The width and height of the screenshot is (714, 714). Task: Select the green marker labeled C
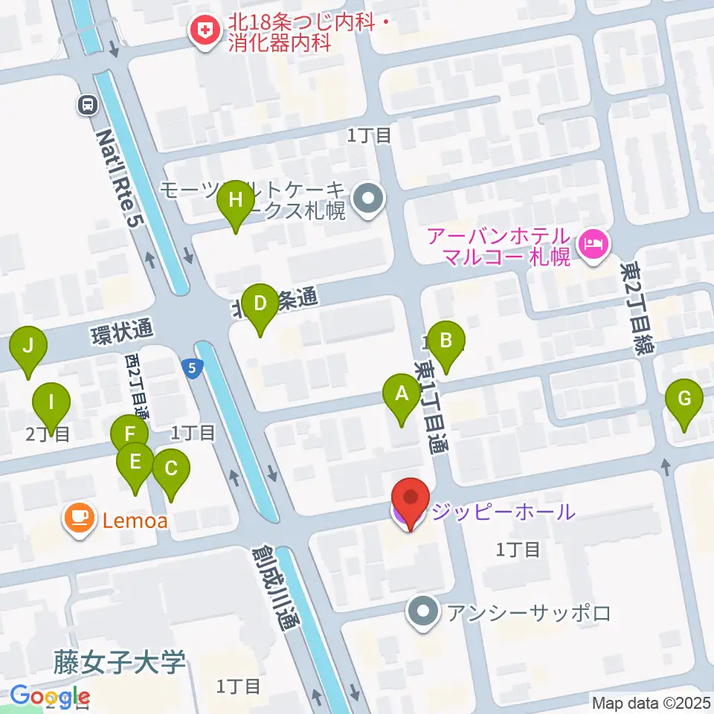click(171, 469)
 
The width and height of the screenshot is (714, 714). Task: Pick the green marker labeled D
click(260, 304)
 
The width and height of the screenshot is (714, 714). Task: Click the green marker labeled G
click(684, 398)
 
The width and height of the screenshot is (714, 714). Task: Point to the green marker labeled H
click(236, 201)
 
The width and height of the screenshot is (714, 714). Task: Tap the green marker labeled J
click(28, 346)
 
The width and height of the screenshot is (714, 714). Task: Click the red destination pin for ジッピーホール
click(410, 498)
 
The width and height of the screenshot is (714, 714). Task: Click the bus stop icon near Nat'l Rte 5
click(89, 106)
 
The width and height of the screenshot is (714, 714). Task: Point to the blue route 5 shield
click(192, 367)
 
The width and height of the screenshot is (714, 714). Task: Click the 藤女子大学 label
click(119, 661)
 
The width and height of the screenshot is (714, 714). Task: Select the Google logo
click(50, 697)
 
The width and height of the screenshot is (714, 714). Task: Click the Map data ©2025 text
click(651, 702)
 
